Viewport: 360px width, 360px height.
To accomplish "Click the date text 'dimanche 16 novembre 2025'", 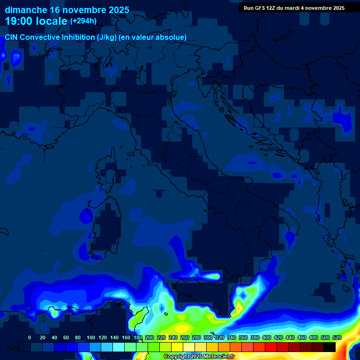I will (x=67, y=10).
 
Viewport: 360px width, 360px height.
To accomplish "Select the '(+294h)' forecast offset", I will (x=83, y=21).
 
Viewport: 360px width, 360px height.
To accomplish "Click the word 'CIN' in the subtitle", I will (x=12, y=37).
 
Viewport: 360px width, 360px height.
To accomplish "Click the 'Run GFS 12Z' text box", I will (x=294, y=8).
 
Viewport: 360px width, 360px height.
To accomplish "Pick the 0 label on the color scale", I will (x=30, y=337).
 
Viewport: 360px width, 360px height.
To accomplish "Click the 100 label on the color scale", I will (x=91, y=337).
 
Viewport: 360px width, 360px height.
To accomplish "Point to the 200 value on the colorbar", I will (x=150, y=337).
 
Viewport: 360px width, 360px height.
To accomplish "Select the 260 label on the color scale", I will (x=185, y=337).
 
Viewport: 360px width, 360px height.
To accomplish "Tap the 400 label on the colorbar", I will (x=267, y=337).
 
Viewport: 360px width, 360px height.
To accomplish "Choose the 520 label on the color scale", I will (x=337, y=337).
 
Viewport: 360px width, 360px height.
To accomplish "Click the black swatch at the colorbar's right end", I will (x=330, y=347).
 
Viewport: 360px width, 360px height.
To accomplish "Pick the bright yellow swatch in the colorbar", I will (x=177, y=347).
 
